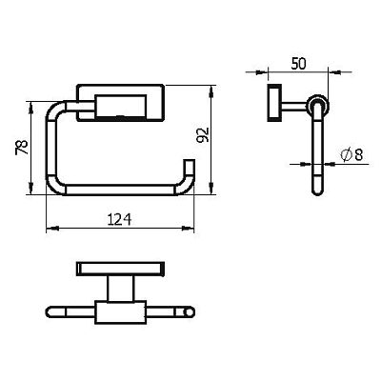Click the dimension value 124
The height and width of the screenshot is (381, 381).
tap(119, 219)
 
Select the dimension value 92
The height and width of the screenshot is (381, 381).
tap(203, 135)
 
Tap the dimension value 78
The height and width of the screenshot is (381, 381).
tap(22, 148)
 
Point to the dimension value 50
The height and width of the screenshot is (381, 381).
tap(298, 64)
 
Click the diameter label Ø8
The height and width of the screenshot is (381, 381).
tap(351, 155)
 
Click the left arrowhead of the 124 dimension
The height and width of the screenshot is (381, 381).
tap(52, 228)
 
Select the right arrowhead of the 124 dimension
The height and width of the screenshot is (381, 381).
tap(188, 228)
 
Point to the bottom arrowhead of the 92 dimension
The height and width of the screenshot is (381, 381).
tap(211, 188)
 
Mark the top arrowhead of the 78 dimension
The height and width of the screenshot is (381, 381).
tap(30, 108)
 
